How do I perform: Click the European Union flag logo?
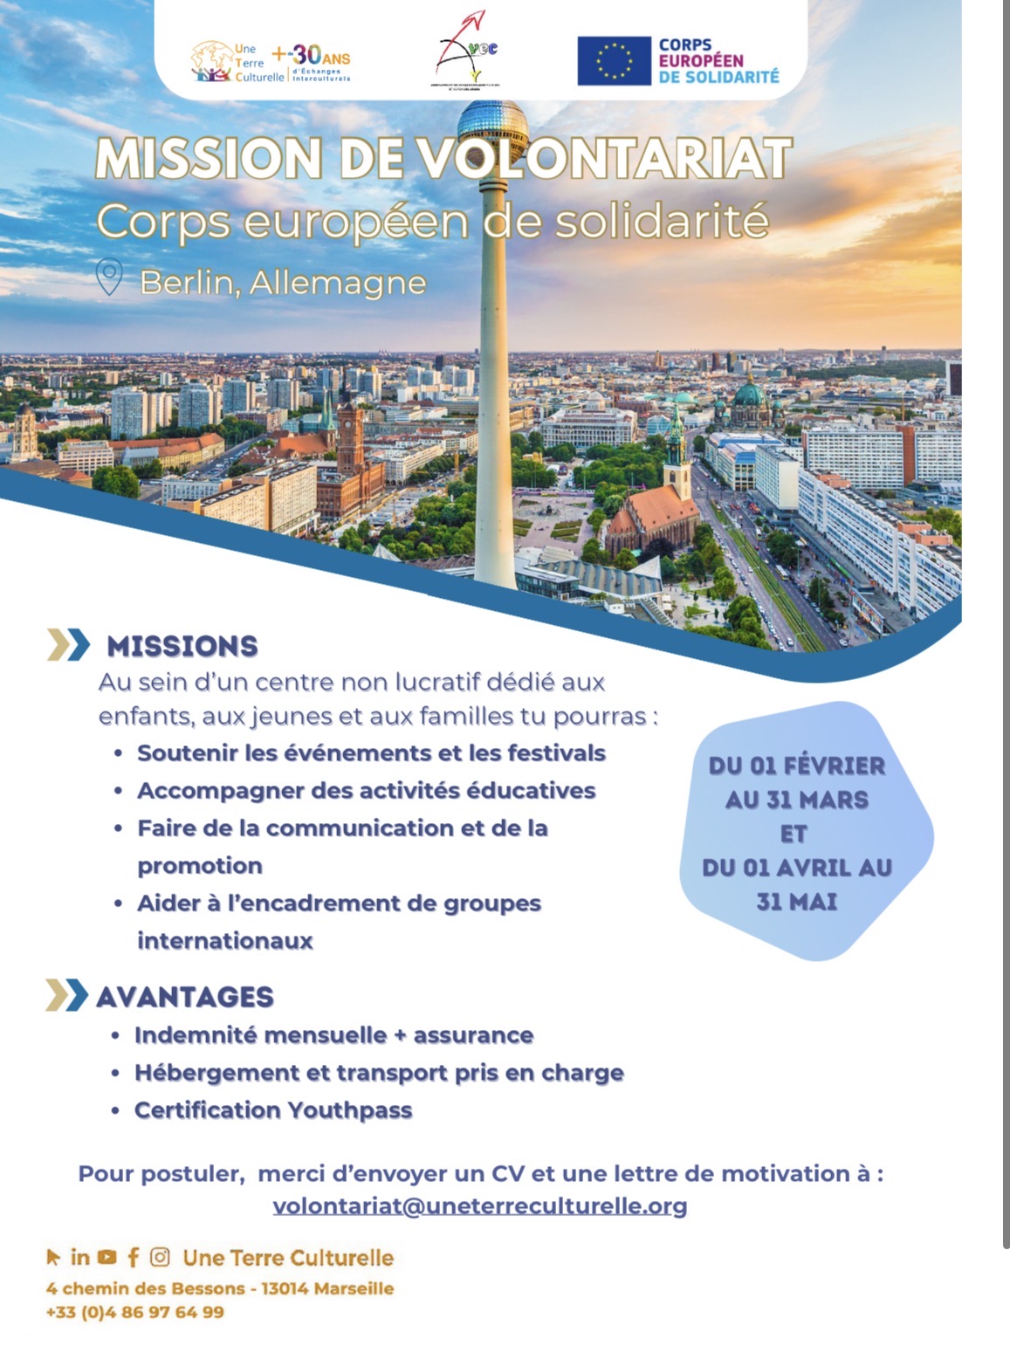click(614, 60)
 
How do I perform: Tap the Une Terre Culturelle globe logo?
click(210, 61)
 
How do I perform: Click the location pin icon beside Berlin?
click(109, 277)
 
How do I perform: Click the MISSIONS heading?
click(182, 646)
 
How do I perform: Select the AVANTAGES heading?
click(184, 997)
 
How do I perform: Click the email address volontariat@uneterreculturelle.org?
click(479, 1205)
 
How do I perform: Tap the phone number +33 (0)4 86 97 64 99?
click(135, 1312)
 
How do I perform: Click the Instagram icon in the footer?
click(160, 1257)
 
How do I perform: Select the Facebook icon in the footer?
click(133, 1257)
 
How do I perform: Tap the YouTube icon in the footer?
click(107, 1257)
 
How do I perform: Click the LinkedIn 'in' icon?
click(80, 1257)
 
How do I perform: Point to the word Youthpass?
click(349, 1110)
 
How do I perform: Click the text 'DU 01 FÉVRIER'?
click(796, 766)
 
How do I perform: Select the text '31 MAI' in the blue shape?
click(796, 901)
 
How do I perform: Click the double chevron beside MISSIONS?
click(67, 645)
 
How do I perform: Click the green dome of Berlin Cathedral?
click(748, 395)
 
